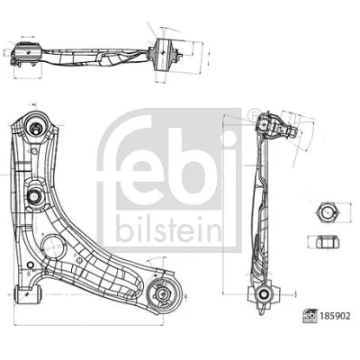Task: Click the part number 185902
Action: click(335, 316)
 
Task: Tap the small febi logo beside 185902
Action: click(310, 316)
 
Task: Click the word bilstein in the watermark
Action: click(169, 229)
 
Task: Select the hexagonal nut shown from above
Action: click(328, 212)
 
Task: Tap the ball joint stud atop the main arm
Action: click(35, 128)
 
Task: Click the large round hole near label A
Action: click(53, 247)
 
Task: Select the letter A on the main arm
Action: click(43, 234)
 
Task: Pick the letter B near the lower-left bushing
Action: click(29, 274)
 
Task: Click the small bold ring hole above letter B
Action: click(30, 265)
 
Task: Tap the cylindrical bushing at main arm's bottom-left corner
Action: click(28, 295)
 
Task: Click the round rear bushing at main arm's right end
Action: click(165, 293)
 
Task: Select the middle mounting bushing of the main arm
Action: click(34, 196)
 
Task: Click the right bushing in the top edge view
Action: click(164, 55)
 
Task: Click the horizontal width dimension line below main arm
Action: click(88, 325)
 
